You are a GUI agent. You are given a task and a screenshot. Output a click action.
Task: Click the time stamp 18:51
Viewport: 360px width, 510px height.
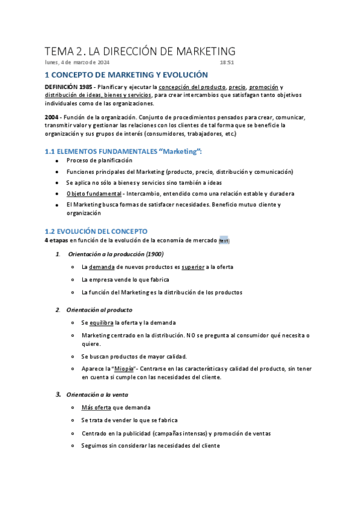coord(227,62)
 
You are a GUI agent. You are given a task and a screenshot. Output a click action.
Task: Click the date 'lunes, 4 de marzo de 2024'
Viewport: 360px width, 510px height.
coord(78,62)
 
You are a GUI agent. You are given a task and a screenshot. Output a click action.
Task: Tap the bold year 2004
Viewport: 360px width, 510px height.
coord(52,117)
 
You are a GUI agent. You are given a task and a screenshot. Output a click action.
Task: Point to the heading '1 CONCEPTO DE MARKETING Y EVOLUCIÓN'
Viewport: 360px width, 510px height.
coord(126,75)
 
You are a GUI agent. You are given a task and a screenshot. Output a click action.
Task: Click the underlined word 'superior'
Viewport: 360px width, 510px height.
coord(193,266)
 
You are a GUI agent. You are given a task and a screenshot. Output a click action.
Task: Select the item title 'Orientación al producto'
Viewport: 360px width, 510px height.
coord(99,310)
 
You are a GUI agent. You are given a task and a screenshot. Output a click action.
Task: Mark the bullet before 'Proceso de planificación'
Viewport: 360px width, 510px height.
coord(56,161)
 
